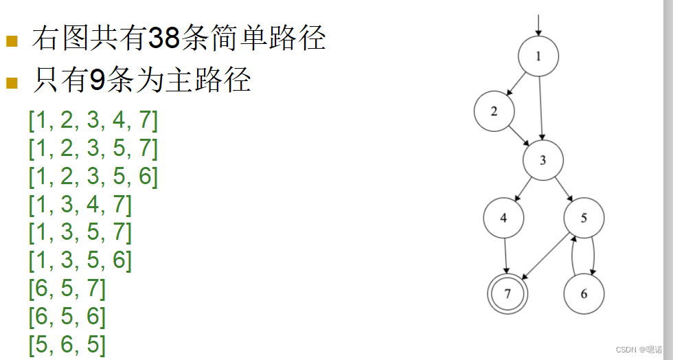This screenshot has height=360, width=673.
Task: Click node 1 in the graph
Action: coord(538,56)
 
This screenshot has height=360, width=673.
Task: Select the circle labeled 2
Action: coord(494,111)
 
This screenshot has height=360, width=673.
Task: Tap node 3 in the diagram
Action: coord(543,161)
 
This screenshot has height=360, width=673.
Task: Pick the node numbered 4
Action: coord(503,218)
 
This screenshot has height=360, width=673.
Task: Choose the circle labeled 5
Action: coord(584,218)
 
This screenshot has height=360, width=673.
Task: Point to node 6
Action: coord(584,294)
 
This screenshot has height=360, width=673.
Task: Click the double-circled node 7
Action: coord(507,294)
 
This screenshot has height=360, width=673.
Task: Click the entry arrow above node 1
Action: coord(538,24)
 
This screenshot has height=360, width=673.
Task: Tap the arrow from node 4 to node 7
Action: coord(505,256)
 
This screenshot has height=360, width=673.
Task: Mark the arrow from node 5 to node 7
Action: coord(546,256)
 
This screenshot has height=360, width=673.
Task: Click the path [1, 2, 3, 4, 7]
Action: coord(93,120)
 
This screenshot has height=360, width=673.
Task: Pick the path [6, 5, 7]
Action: coord(67,288)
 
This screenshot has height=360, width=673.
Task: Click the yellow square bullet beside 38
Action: coord(12,41)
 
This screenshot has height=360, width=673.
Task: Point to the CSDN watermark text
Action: coord(641,349)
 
